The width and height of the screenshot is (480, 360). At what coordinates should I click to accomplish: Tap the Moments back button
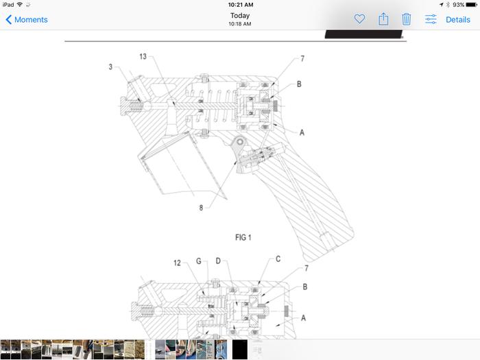[27, 20]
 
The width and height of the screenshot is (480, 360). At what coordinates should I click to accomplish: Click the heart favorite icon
[359, 19]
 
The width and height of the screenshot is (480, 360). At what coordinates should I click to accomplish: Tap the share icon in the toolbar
[383, 19]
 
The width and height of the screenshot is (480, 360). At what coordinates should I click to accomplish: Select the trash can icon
[406, 19]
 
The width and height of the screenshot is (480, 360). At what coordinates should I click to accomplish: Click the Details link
[457, 20]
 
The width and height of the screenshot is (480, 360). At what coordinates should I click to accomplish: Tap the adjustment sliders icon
[431, 19]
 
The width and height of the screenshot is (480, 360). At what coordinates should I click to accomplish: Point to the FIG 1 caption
[243, 237]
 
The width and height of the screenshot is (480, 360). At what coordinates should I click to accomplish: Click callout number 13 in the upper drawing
[143, 56]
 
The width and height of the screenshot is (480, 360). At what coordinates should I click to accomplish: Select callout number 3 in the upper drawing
[110, 67]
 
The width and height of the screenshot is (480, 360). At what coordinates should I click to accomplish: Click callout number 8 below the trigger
[201, 208]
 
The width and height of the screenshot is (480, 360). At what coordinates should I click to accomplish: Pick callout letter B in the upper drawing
[299, 84]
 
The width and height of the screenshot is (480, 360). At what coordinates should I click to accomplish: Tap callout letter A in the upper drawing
[302, 132]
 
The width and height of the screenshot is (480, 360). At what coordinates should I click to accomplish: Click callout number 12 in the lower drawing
[177, 263]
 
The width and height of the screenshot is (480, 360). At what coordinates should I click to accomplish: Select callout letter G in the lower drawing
[199, 261]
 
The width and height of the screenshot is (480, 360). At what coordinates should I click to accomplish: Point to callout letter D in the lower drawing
[218, 261]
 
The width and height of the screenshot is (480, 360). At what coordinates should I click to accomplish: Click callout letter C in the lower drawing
[278, 259]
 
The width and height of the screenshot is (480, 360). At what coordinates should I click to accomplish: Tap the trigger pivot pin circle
[240, 142]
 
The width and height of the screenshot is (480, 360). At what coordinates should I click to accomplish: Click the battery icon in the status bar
[472, 5]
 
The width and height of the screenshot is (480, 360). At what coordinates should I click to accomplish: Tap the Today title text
[240, 15]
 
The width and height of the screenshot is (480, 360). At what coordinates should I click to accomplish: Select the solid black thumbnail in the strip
[240, 349]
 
